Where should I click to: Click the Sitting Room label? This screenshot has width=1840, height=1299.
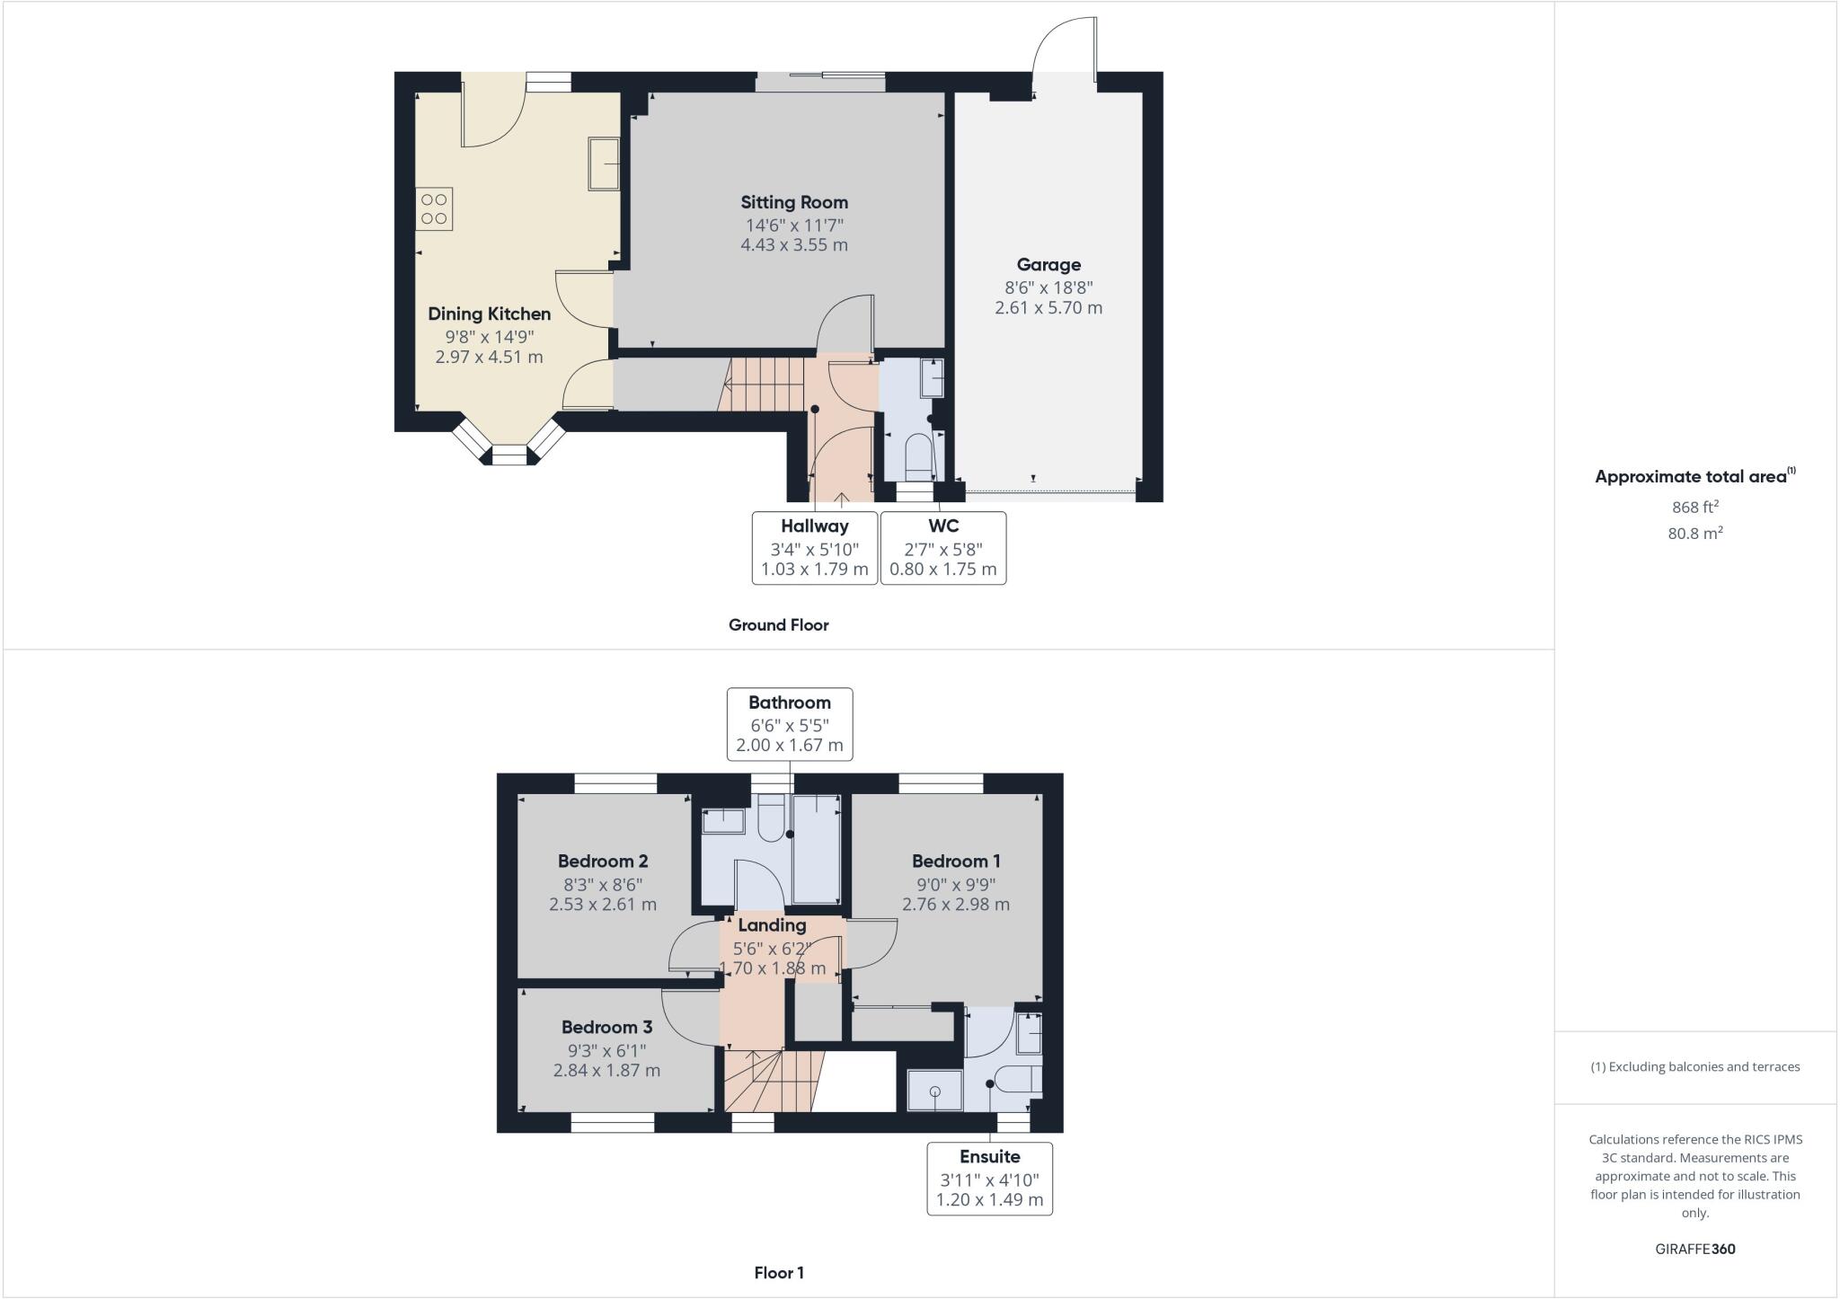click(x=794, y=202)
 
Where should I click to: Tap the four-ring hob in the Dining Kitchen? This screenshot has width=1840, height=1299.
click(x=434, y=209)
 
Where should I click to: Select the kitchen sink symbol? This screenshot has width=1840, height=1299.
click(x=604, y=163)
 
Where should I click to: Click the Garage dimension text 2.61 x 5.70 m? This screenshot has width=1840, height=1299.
click(x=1048, y=308)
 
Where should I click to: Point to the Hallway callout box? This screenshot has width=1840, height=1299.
click(x=814, y=547)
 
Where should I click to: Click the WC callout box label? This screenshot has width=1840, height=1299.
click(x=943, y=526)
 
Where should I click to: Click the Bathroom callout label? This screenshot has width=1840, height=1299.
click(x=789, y=703)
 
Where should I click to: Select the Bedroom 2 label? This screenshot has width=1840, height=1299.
click(x=603, y=861)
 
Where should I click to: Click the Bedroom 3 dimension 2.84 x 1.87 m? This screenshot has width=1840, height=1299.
click(x=606, y=1070)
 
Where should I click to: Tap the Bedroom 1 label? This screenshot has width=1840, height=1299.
click(x=956, y=861)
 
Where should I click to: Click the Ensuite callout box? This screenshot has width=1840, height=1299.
click(x=989, y=1178)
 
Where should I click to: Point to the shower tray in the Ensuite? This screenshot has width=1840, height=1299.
click(x=934, y=1091)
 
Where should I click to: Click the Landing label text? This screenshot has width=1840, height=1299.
click(x=772, y=924)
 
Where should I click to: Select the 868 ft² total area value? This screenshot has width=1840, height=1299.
click(x=1694, y=507)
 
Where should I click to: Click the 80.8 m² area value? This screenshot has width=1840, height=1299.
click(x=1694, y=533)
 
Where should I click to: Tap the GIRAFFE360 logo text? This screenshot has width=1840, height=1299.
click(x=1694, y=1249)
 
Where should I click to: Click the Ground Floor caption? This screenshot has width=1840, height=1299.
click(x=778, y=624)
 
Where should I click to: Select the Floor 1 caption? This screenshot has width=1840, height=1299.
click(x=779, y=1272)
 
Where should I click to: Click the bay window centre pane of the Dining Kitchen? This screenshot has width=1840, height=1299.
click(x=509, y=456)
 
